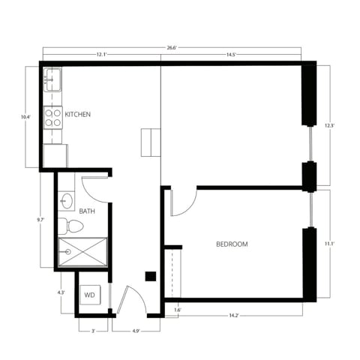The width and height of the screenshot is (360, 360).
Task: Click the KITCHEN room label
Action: (x=78, y=115)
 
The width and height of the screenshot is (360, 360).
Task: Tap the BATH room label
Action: (x=87, y=211)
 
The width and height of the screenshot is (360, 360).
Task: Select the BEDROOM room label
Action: (x=232, y=244)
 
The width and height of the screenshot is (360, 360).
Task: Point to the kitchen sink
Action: (x=52, y=79)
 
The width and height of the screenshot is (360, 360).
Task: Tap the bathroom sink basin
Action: (x=67, y=200)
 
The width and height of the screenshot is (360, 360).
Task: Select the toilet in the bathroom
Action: (x=71, y=226)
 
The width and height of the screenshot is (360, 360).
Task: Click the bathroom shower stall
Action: (x=82, y=252)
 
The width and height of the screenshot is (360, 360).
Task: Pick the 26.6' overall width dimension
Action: (x=172, y=48)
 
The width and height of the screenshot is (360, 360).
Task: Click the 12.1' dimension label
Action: (x=101, y=55)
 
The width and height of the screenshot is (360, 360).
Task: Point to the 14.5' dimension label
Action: (x=231, y=55)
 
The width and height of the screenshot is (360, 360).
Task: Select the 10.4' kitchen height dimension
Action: (x=26, y=117)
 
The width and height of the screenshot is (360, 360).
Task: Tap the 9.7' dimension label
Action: (x=40, y=220)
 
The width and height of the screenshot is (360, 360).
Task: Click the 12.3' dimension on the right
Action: (x=328, y=125)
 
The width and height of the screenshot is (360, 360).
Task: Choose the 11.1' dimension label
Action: (x=328, y=244)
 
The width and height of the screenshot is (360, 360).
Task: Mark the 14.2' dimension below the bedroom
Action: (x=234, y=316)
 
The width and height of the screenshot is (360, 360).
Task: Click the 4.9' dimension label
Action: (x=136, y=330)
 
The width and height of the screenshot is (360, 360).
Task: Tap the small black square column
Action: (x=150, y=276)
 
